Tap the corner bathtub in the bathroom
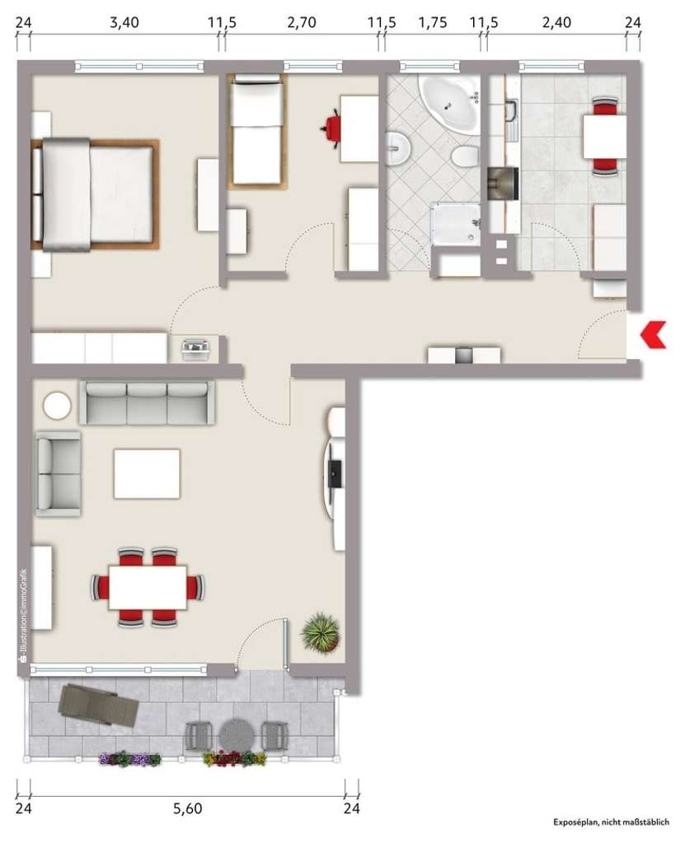coord(449,102)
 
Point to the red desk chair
coord(333,128)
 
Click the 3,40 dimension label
coord(124,22)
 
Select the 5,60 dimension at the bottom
coord(188,808)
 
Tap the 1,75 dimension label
coord(433,22)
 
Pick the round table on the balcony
coord(237,734)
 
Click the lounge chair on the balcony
coord(96,705)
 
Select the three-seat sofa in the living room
coord(147,402)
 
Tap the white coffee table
coord(147,473)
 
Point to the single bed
coord(256,129)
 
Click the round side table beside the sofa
coord(58,405)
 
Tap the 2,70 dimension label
coord(301,22)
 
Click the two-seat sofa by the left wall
coord(58,473)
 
